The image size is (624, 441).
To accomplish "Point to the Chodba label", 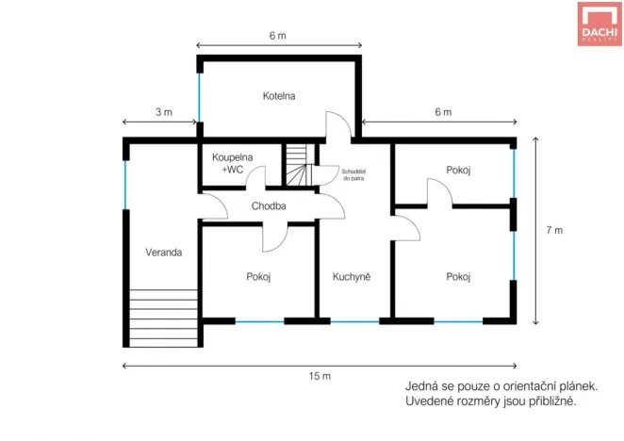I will pos(269,205).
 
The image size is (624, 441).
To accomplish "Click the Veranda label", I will pos(163,253).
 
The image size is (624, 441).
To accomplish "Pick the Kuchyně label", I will pos(351,277).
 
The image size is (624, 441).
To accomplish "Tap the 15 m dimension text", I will pos(320,377).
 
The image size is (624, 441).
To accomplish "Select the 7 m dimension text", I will pos(553,230).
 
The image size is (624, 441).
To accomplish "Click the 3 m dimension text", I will pos(163,112).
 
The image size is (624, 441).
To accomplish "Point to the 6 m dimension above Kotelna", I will pos(277,36).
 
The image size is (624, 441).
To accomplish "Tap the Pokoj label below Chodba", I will pos(259,277).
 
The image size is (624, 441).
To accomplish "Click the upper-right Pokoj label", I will pos(458,170).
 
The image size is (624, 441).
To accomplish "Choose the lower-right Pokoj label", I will pos(458,277).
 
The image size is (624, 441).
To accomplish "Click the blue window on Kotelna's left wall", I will pos(200,93).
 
